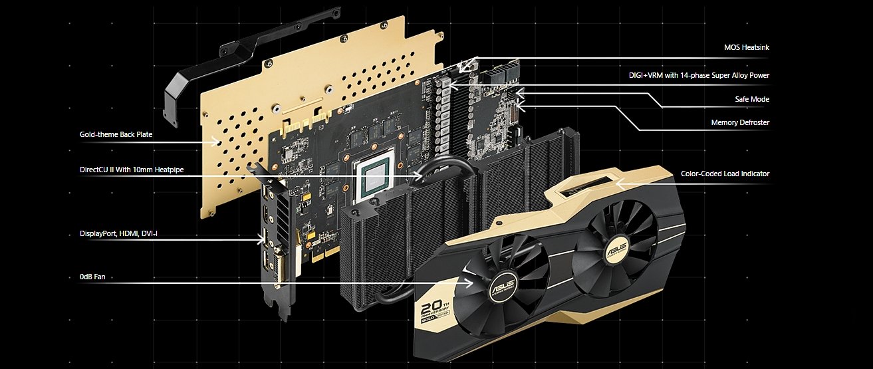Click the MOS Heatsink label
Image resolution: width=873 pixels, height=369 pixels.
point(746,47)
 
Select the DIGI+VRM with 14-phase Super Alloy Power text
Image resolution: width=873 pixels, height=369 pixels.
point(699,75)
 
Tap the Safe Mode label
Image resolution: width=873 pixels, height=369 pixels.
point(752,99)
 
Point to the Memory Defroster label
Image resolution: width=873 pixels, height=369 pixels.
point(740,122)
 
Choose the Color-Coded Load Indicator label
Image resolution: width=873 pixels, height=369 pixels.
point(725,174)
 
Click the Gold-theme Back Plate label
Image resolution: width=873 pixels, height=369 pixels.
point(116,134)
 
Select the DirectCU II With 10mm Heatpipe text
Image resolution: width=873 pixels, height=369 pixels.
point(132,170)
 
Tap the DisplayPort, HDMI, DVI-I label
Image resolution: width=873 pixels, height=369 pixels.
point(118,234)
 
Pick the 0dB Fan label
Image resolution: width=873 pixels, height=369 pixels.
point(92,277)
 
